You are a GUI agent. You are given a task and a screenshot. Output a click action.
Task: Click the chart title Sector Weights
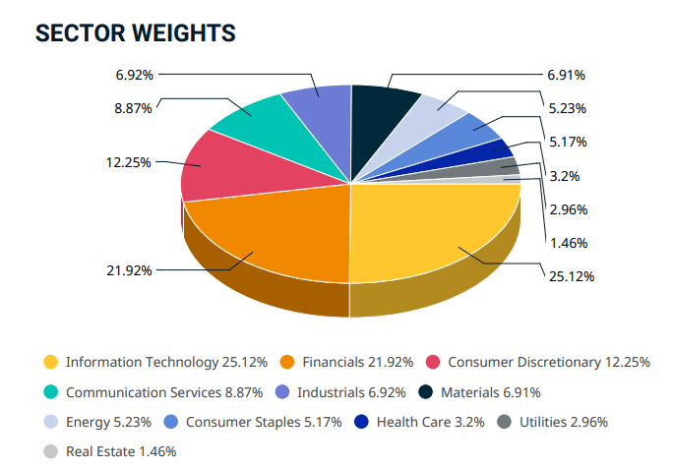tap(135, 32)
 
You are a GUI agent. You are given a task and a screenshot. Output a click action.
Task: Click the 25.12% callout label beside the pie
tap(572, 276)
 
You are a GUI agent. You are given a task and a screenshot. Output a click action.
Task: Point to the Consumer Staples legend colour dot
tap(171, 422)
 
